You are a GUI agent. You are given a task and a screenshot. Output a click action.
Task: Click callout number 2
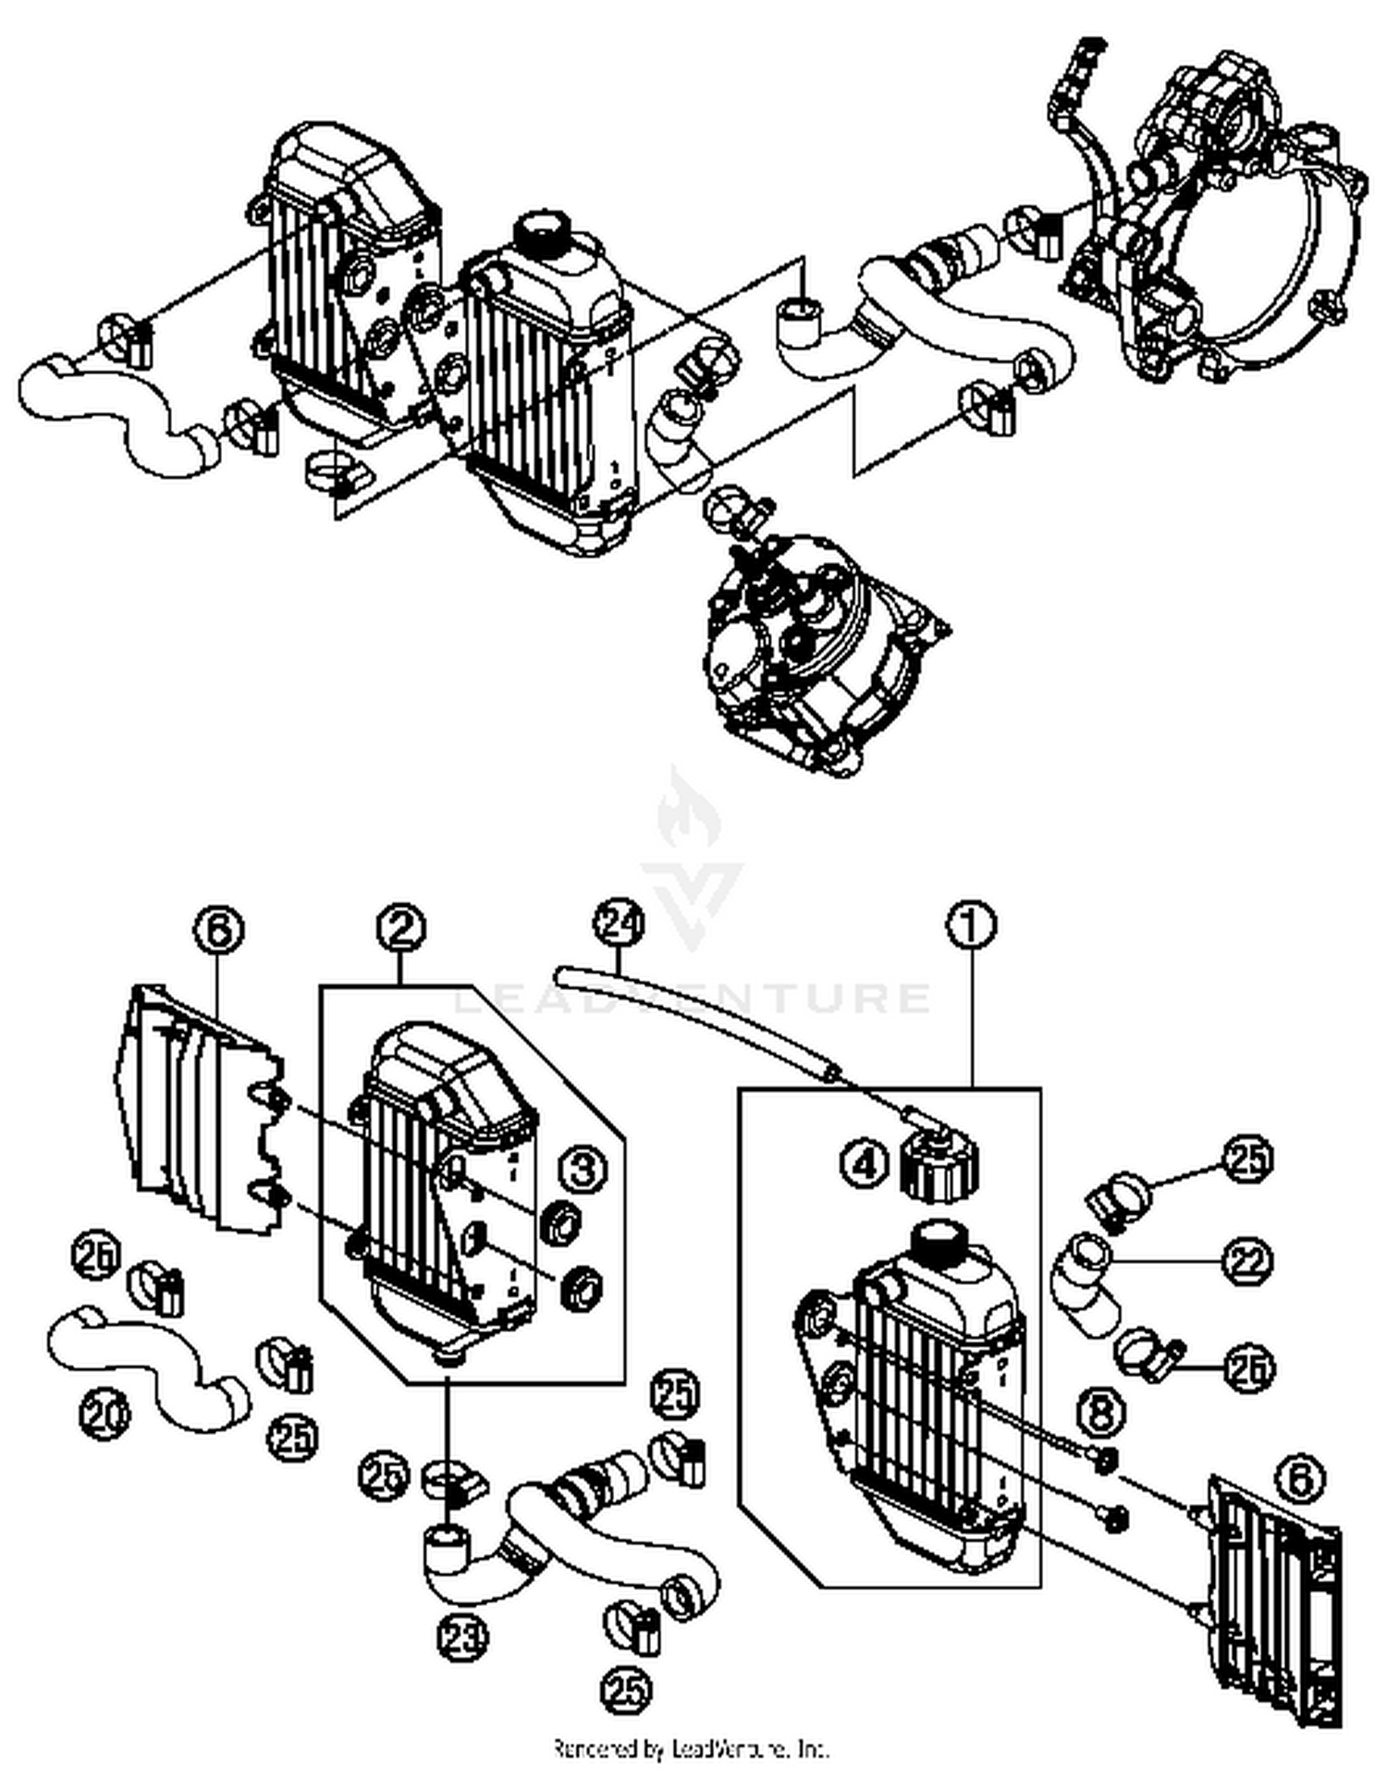tap(400, 927)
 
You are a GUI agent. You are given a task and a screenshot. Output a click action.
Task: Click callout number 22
tap(1247, 1261)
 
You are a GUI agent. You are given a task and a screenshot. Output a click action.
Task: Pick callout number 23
tap(461, 1639)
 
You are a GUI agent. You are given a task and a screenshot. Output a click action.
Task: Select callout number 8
tap(1101, 1412)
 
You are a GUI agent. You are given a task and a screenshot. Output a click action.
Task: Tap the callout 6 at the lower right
tap(1300, 1479)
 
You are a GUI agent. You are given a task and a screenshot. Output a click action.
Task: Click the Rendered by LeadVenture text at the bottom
tap(691, 1749)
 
